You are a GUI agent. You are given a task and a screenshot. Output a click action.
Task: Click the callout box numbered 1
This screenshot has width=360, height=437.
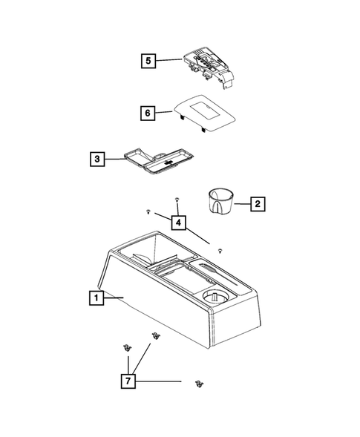click(94, 298)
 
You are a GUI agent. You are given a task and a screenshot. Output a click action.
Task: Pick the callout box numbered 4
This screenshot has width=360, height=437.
click(177, 221)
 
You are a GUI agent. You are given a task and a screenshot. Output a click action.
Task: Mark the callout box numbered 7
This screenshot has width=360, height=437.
click(129, 381)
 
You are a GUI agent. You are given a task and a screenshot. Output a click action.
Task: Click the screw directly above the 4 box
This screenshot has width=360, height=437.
click(177, 200)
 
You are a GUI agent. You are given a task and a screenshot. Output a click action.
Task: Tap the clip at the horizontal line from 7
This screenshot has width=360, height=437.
click(198, 383)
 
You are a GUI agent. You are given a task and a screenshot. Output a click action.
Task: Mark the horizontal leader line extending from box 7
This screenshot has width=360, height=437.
click(160, 381)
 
